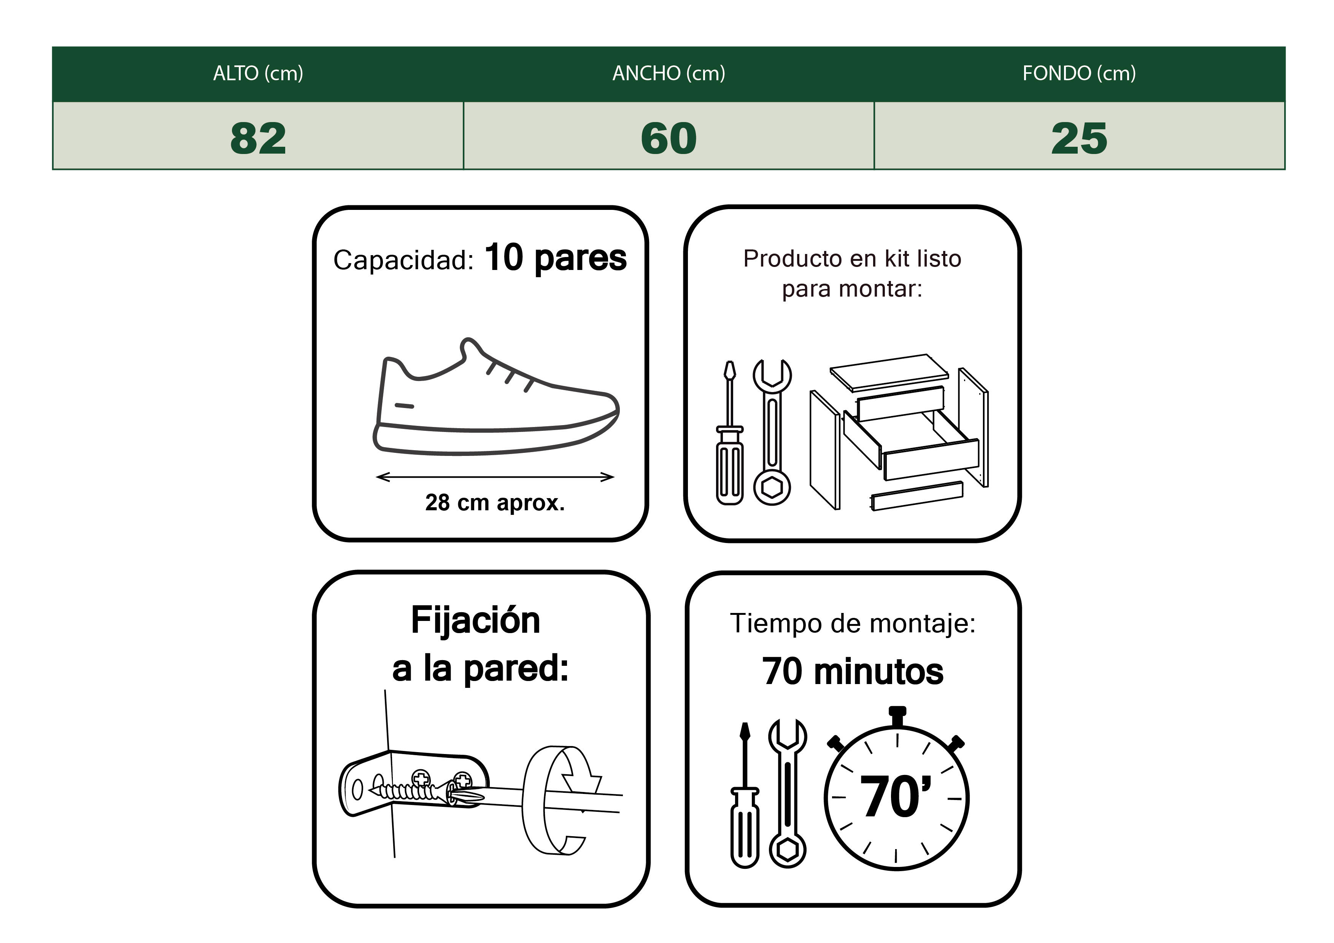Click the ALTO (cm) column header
[x=258, y=74]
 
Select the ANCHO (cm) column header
[x=669, y=74]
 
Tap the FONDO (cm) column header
[x=1079, y=74]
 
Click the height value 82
[x=258, y=138]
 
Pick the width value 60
[x=669, y=138]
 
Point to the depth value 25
[x=1079, y=138]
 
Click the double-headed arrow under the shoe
[x=494, y=477]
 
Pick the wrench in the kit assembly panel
[x=772, y=433]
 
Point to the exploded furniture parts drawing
[x=898, y=433]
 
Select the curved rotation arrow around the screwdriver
[x=558, y=802]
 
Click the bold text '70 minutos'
[x=852, y=672]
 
